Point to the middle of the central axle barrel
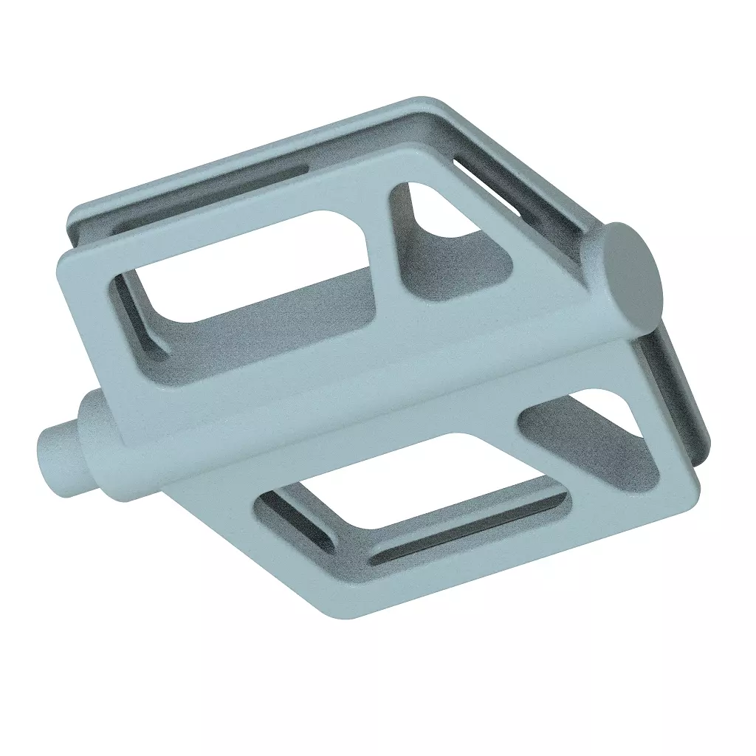(x=354, y=384)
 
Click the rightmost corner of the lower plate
(x=694, y=491)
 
